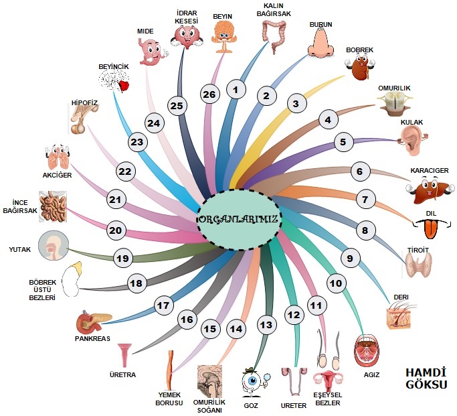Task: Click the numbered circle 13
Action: [266, 325]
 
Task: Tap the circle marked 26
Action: [209, 95]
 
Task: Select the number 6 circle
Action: [359, 171]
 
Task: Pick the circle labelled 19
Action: [121, 258]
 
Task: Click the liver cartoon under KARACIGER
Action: [426, 192]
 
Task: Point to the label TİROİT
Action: [419, 249]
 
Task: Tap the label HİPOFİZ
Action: [84, 103]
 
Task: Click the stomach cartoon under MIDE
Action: [152, 51]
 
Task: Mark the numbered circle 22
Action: [125, 171]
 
